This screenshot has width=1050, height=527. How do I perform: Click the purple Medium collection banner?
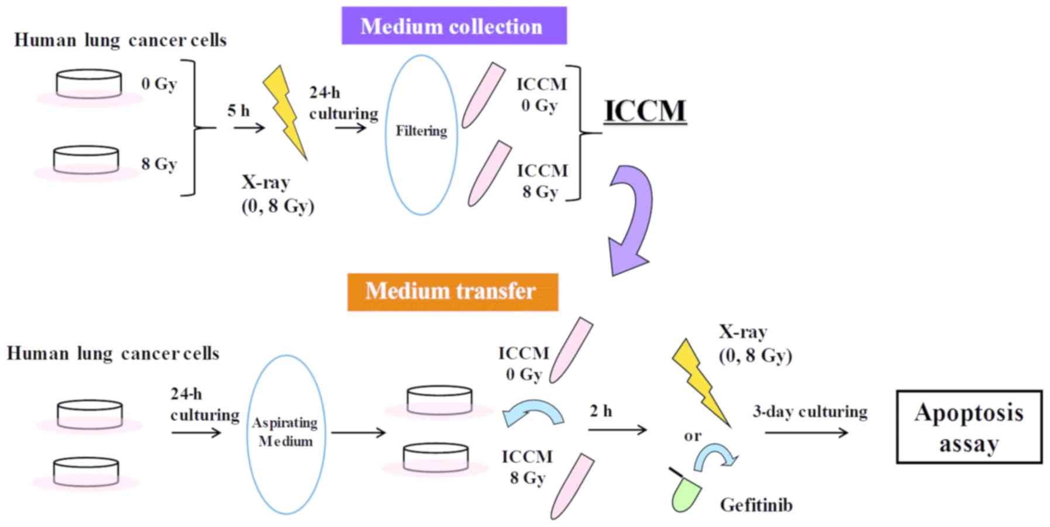pos(454,26)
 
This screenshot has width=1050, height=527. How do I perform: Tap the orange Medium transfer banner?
pos(452,291)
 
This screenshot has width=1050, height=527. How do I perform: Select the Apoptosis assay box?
pos(969,428)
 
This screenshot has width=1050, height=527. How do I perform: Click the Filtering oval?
pos(421,135)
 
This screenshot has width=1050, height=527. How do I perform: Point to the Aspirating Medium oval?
pos(285,434)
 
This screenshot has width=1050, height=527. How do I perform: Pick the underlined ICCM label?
pos(645,111)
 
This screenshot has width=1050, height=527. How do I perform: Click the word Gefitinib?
pos(756,505)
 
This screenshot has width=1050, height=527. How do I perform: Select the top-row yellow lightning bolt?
pos(284,111)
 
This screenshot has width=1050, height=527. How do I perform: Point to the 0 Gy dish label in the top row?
pos(159,84)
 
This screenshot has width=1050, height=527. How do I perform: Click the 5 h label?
pos(238,110)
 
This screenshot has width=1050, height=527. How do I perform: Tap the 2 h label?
pos(601,412)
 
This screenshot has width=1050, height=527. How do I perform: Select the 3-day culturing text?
pos(810,412)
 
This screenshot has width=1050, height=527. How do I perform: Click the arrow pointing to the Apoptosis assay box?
pos(806,433)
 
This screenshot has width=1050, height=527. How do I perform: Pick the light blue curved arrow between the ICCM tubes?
pos(533,412)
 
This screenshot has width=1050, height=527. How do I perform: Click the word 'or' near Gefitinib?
pos(692,436)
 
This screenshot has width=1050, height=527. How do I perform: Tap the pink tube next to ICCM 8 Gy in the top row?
pos(489,174)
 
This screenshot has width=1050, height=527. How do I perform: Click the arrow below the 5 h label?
pos(249,127)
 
